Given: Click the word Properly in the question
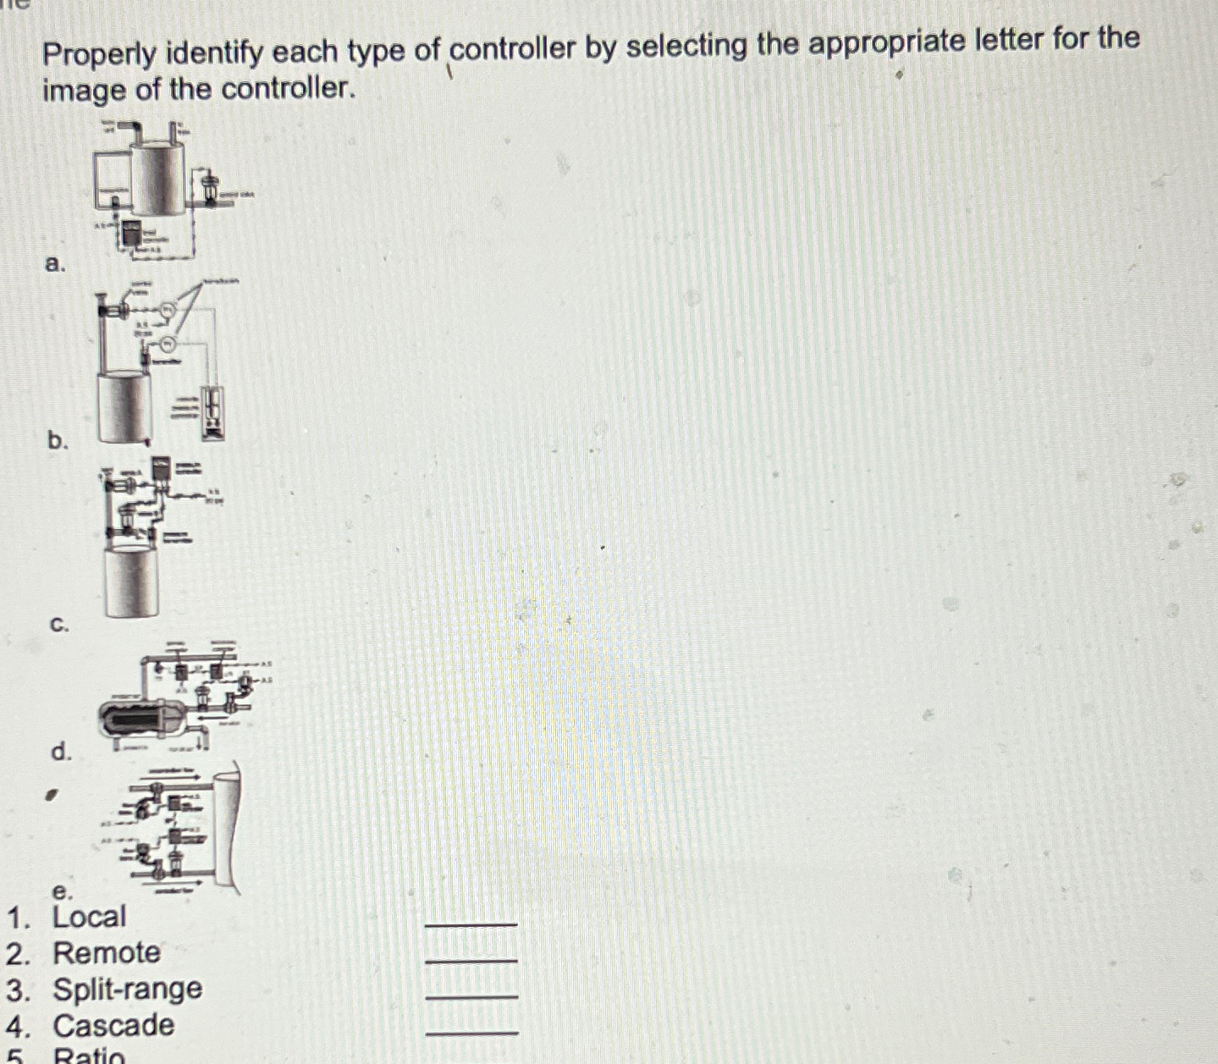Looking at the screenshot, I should tap(99, 56).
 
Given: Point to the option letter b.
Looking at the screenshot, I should tap(57, 440).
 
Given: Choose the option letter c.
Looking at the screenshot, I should tap(58, 625).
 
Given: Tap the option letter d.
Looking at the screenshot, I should tap(60, 751).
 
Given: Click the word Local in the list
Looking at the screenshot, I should tap(89, 917).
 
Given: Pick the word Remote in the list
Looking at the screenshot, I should tap(106, 953).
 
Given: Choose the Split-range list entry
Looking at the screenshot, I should tap(127, 989).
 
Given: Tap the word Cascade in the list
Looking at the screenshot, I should tap(113, 1026).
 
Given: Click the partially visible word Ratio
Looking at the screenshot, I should tap(89, 1056).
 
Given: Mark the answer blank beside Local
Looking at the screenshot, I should tap(471, 923).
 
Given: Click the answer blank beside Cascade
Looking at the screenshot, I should tap(471, 1031).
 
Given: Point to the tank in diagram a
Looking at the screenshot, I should tap(157, 178).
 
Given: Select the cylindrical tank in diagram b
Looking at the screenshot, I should tap(124, 408).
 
